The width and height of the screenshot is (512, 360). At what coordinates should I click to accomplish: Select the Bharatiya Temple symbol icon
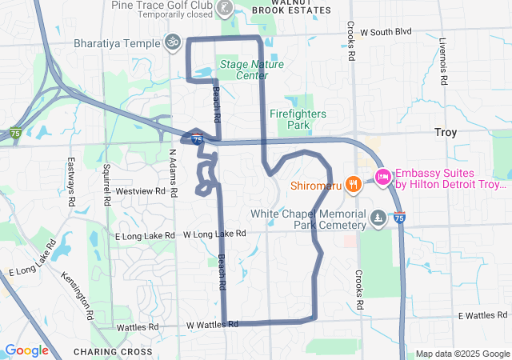[x=171, y=41]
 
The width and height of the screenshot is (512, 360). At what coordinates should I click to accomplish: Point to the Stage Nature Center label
[x=243, y=70]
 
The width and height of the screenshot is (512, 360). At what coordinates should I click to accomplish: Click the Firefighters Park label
[x=298, y=119]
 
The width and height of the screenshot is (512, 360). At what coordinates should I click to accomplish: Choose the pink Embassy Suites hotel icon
[x=383, y=177]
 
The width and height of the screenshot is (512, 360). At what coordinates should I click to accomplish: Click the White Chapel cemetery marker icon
[x=378, y=218]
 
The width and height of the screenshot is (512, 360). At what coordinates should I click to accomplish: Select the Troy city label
[x=445, y=132]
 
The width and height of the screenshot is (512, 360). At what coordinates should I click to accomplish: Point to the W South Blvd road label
[x=386, y=32]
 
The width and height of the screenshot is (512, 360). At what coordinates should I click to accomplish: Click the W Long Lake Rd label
[x=214, y=234]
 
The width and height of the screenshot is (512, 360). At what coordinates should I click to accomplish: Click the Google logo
[x=26, y=350]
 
